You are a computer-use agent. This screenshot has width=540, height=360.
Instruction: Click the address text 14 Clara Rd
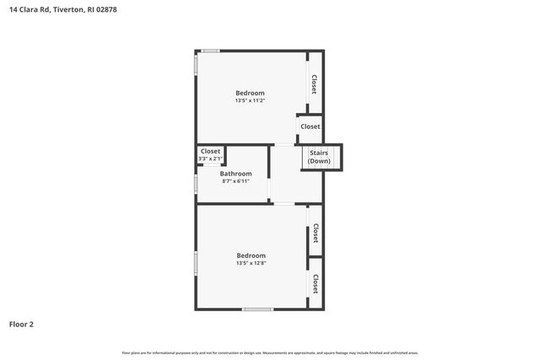click(29, 9)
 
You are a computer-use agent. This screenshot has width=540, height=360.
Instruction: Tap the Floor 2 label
click(22, 324)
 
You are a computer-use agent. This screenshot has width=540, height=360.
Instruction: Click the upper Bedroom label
click(250, 93)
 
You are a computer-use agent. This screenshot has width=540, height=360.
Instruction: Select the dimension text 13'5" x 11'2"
click(250, 101)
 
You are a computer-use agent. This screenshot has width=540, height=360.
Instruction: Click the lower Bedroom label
click(251, 255)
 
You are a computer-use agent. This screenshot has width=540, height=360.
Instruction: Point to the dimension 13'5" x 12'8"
click(251, 264)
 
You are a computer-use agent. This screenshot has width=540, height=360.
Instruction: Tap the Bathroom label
click(235, 174)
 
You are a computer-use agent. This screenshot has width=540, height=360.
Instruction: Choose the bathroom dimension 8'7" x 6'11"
click(235, 181)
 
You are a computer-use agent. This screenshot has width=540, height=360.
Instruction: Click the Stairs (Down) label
click(319, 157)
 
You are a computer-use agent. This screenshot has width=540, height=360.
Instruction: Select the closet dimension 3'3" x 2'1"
click(210, 159)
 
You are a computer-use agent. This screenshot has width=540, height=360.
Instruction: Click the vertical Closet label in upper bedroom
click(315, 83)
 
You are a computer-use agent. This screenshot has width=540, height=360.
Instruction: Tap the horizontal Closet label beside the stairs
click(310, 126)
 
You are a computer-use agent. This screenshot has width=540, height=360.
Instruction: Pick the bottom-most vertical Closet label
click(316, 283)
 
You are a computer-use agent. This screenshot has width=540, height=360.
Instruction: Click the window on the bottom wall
click(257, 309)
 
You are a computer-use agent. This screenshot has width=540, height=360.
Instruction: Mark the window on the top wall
click(210, 51)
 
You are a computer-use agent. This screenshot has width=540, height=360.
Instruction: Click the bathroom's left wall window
click(196, 182)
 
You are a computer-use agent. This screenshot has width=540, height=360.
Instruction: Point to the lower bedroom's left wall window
click(196, 262)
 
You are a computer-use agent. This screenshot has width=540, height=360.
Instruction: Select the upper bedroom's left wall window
click(196, 65)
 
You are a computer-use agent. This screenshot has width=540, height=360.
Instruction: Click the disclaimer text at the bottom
click(270, 352)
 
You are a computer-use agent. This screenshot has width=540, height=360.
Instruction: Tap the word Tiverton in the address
click(70, 9)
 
